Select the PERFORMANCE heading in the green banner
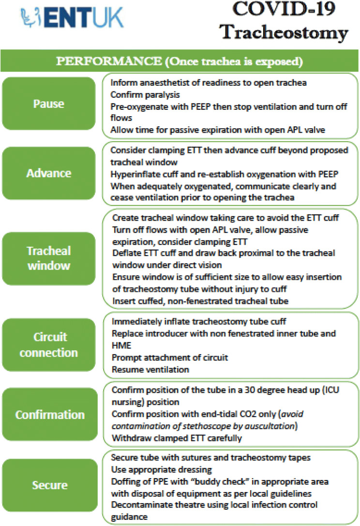(x=180, y=62)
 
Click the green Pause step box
(x=48, y=103)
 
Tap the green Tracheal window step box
(x=48, y=258)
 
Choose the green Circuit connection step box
(x=48, y=345)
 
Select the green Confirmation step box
(x=48, y=415)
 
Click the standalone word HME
(x=120, y=346)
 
